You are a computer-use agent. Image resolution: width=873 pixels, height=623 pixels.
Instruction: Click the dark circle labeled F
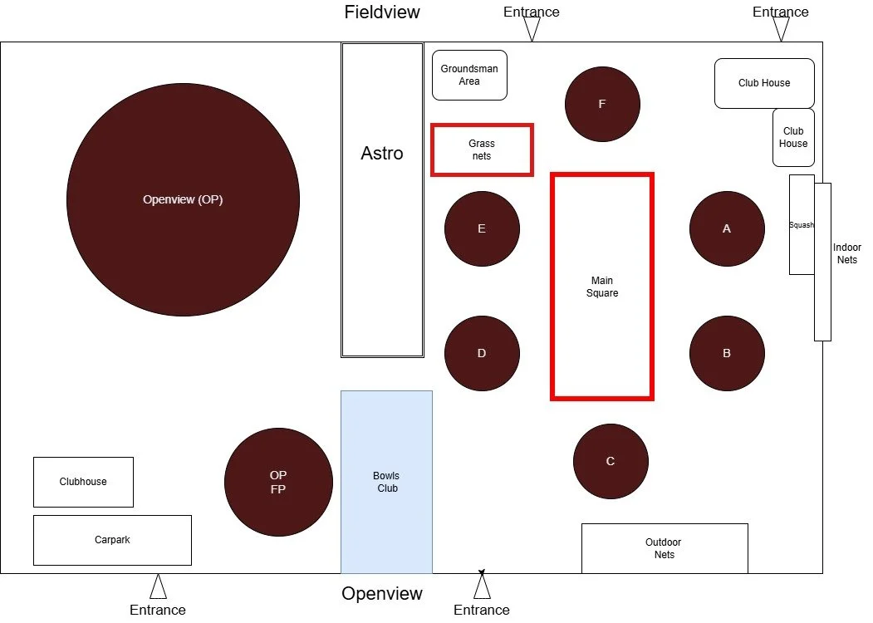[x=602, y=104]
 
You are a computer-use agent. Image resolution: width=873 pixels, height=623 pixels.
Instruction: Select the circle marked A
[x=727, y=228]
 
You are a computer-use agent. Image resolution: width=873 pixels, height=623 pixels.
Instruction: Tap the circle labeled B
[x=727, y=353]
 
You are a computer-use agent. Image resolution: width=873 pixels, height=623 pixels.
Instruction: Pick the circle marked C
[x=611, y=461]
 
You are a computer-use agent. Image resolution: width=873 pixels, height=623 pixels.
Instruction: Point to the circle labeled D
[x=482, y=353]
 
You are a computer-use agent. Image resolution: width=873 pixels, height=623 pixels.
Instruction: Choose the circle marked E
[x=482, y=228]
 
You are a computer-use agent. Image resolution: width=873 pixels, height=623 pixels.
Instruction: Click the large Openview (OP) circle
[x=183, y=199]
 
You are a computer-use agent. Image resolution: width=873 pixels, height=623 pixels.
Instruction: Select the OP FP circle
[x=278, y=482]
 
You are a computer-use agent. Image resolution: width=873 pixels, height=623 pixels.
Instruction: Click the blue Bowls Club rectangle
[x=386, y=482]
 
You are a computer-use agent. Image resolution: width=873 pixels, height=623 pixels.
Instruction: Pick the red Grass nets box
[x=482, y=150]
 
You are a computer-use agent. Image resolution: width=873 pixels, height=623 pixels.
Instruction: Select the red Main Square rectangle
[x=602, y=287]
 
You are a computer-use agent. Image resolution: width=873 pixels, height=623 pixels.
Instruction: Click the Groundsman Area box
[x=469, y=75]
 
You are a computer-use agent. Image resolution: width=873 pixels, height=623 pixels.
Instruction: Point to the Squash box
[x=801, y=224]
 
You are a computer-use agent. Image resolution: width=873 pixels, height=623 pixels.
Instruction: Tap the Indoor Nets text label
[x=847, y=253]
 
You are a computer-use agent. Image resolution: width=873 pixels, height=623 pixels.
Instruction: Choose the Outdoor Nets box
[x=664, y=548]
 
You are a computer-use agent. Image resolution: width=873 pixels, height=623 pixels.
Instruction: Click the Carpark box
[x=112, y=540]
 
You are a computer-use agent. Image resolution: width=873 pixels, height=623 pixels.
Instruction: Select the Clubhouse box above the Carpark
[x=83, y=482]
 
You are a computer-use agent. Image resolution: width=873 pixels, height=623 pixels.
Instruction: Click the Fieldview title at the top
[x=382, y=12]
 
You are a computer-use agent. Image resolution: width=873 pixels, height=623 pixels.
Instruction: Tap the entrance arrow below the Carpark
[x=158, y=587]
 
